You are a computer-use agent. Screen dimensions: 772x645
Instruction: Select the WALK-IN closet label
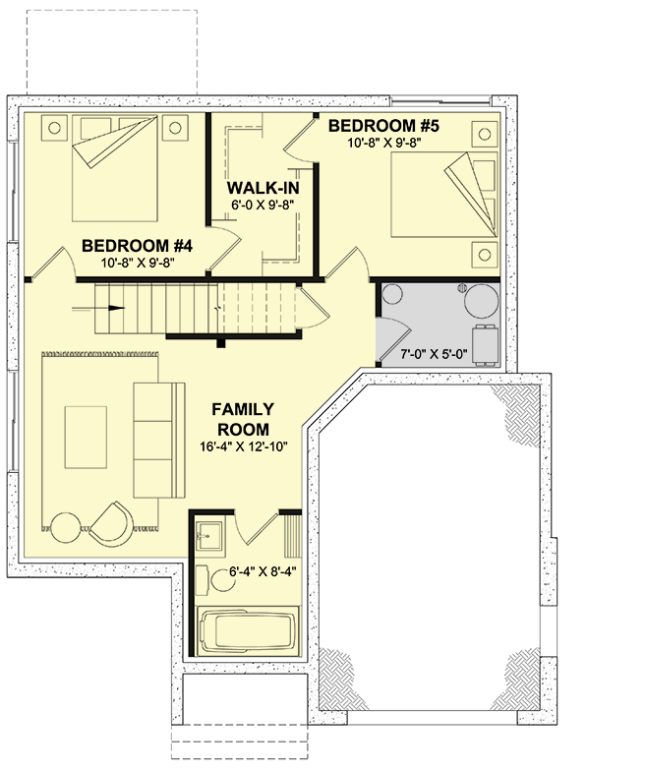[x=263, y=189]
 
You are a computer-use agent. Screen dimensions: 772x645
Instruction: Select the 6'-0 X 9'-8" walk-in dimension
[x=263, y=207]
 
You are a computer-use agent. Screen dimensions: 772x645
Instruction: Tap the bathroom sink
[x=208, y=535]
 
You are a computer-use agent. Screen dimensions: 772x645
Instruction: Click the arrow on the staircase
[x=116, y=307]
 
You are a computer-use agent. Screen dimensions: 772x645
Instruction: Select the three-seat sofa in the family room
[x=158, y=439]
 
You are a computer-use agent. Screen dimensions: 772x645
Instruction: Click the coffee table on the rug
[x=88, y=437]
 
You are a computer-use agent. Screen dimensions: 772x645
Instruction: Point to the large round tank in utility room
[x=482, y=299]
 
